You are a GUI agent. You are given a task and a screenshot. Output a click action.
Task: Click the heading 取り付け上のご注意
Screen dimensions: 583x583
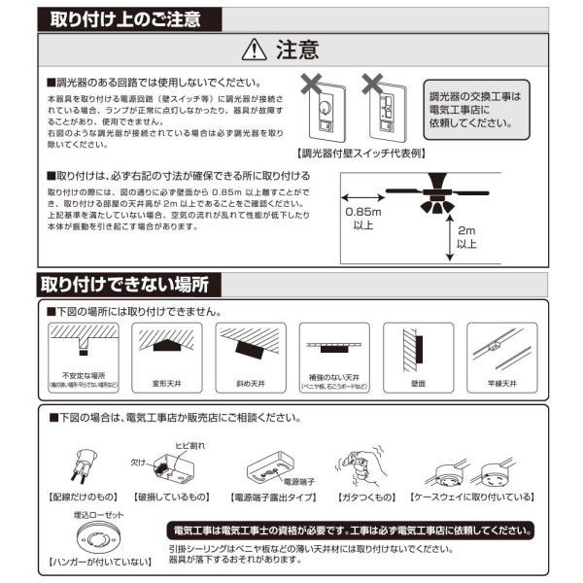pyautogui.click(x=120, y=18)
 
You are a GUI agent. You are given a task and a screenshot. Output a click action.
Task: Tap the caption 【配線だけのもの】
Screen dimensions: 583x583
pyautogui.click(x=85, y=496)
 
